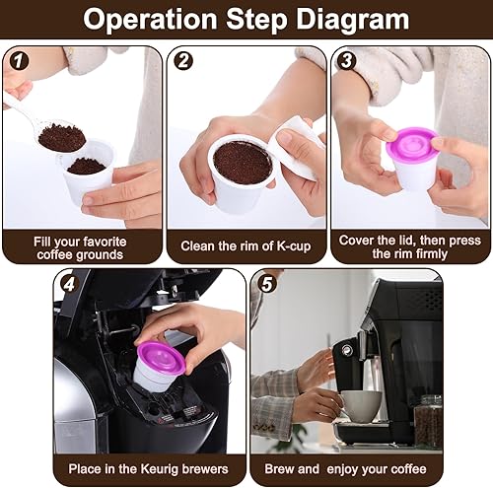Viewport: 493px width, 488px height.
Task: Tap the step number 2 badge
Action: point(182,60)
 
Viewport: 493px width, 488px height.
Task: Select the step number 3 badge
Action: point(346,60)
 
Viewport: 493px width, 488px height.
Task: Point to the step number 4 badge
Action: point(67,284)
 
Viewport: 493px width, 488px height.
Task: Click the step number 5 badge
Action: point(264,284)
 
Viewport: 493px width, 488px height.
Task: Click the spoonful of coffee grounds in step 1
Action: point(61,137)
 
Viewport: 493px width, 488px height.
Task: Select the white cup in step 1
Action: point(88,174)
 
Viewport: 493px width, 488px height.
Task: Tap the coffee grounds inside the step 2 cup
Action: point(242,162)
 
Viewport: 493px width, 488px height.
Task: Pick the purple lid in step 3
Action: point(411,146)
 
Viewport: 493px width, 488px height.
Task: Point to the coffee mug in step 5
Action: point(361,404)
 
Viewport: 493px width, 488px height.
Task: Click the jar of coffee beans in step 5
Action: point(428,422)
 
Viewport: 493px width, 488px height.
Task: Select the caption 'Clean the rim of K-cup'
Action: point(246,244)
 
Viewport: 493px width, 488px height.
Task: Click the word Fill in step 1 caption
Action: point(46,237)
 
